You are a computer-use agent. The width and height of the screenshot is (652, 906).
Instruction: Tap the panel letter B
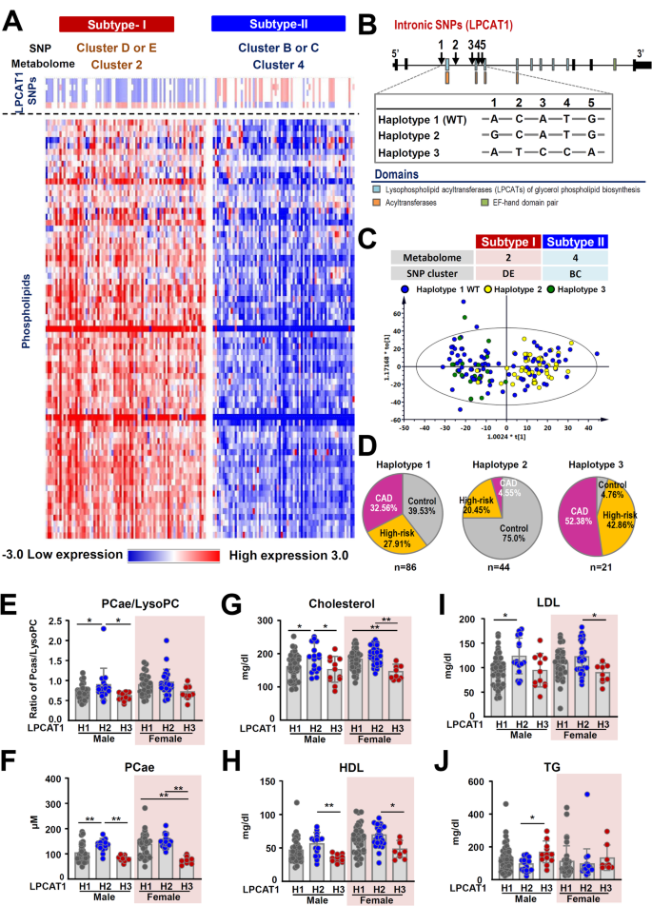(x=363, y=16)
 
